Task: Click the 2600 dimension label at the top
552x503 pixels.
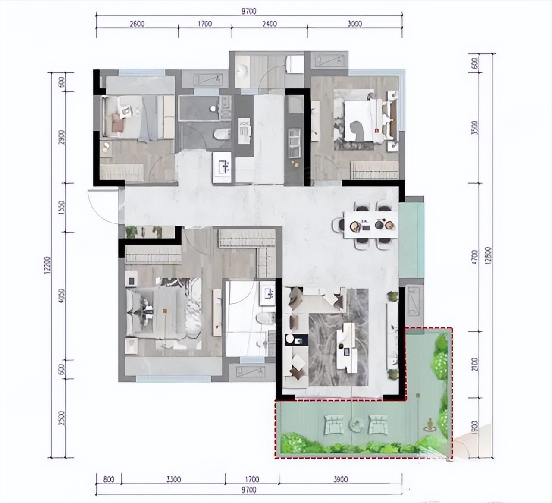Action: coord(136,24)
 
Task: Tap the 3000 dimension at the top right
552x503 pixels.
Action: coord(354,24)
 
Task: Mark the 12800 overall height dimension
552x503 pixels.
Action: coord(488,260)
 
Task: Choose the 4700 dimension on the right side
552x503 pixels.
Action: coord(474,257)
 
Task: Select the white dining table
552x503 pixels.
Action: coord(370,225)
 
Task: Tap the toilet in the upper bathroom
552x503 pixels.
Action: coord(222,134)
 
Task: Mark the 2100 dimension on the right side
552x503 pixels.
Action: coord(474,365)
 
